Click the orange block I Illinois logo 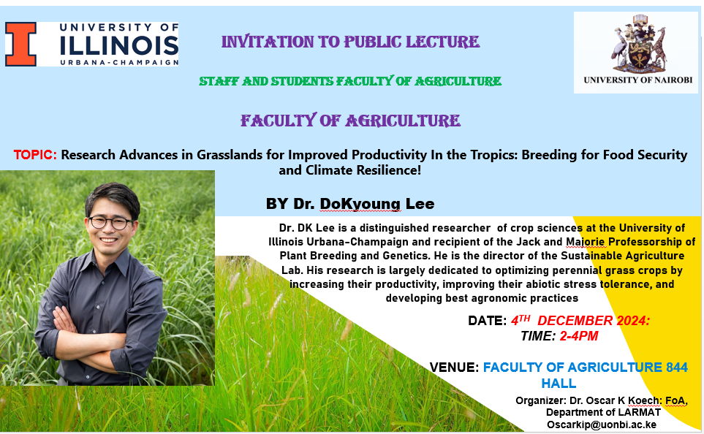tap(20, 44)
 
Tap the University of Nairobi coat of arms tap(638, 44)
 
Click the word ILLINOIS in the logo tap(119, 45)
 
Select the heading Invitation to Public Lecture tap(350, 42)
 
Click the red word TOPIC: tap(35, 155)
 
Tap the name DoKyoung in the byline tap(360, 204)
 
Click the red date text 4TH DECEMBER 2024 tap(580, 321)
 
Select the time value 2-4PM tap(579, 336)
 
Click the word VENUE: tap(455, 368)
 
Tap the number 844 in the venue tap(677, 368)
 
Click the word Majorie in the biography tap(585, 243)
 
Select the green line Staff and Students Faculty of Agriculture tap(350, 81)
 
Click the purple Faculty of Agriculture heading tap(350, 121)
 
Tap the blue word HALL tap(559, 384)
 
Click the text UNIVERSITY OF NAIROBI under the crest tap(638, 80)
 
